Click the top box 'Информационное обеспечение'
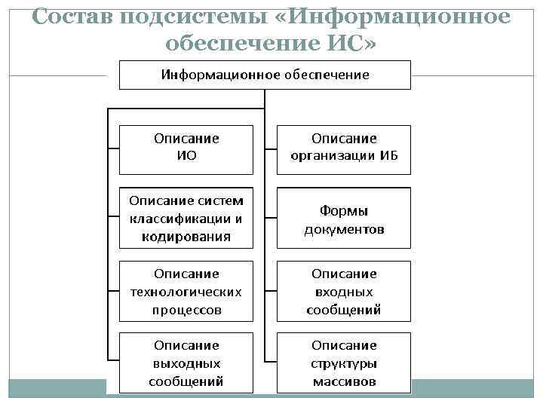tap(264, 75)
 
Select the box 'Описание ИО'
tap(186, 148)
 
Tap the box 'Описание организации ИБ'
tap(344, 148)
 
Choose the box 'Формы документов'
tap(344, 219)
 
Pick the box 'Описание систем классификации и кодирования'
tap(186, 219)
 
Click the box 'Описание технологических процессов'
tap(186, 292)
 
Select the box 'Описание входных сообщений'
tap(344, 292)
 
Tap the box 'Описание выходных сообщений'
tap(186, 363)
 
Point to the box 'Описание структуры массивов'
tap(344, 363)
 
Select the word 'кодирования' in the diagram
tap(186, 237)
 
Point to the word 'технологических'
tap(186, 292)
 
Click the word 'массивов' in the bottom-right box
tap(344, 381)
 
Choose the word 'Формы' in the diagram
tap(344, 210)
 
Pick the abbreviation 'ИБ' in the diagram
tap(389, 157)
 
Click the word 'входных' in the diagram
tap(344, 292)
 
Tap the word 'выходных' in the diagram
tap(186, 363)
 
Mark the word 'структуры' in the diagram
tap(344, 363)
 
